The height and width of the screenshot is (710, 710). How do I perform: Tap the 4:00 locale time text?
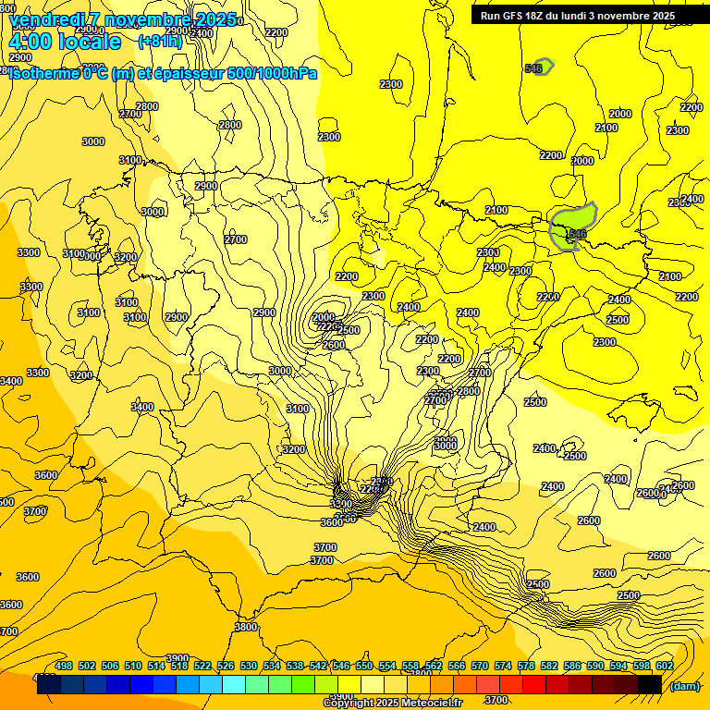tap(64, 42)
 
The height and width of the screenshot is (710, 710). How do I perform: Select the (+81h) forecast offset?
tap(160, 42)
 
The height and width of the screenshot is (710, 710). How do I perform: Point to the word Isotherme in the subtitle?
tap(43, 73)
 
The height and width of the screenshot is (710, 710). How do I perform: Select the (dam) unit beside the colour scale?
tap(684, 685)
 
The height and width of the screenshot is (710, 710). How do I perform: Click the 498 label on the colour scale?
tap(64, 666)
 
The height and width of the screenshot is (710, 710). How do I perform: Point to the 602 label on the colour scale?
tap(665, 666)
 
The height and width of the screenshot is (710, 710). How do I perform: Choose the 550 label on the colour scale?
tap(364, 666)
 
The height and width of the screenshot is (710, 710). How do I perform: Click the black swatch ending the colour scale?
tap(650, 684)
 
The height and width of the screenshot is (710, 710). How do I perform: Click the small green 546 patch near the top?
tap(543, 67)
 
